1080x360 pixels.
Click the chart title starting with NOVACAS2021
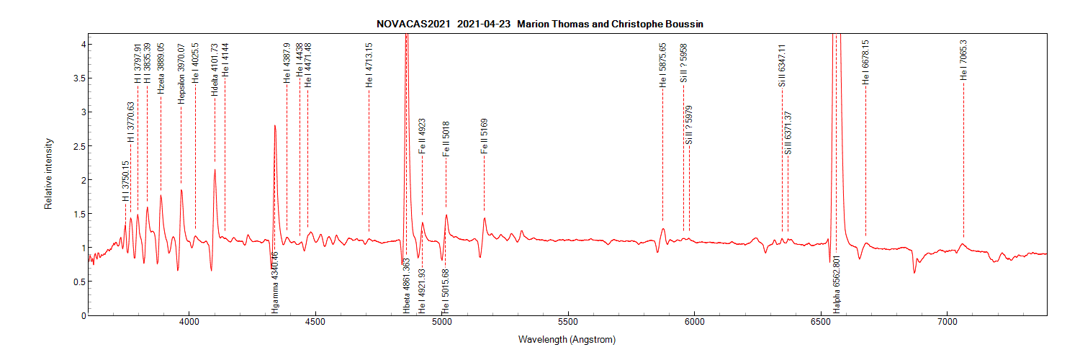pos(540,24)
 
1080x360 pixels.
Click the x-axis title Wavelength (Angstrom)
pos(567,339)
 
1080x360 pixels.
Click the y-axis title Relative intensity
pos(49,174)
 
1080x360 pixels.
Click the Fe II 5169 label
pos(484,136)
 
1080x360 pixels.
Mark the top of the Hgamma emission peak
pos(275,126)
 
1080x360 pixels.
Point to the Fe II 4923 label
pos(422,136)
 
